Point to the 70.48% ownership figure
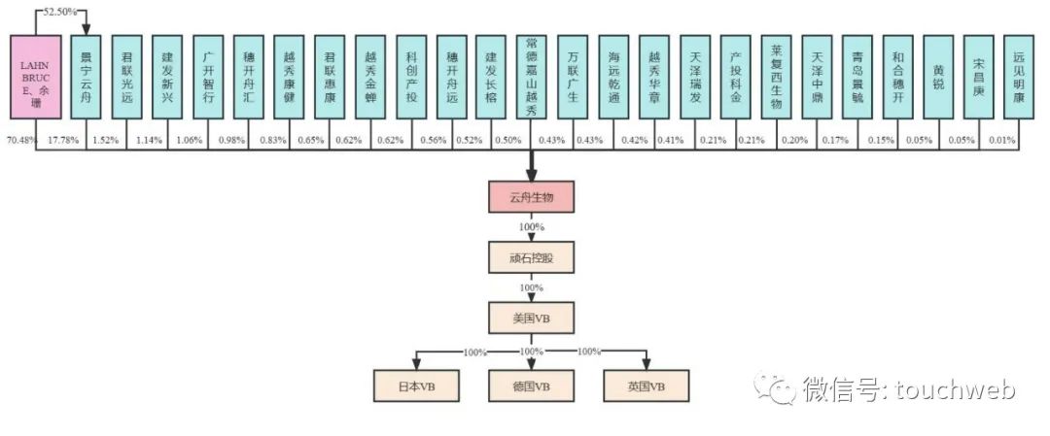[21, 140]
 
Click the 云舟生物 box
[531, 199]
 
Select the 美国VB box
[531, 317]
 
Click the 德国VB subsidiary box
[531, 386]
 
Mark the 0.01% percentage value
[1002, 140]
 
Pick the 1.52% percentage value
[105, 140]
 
